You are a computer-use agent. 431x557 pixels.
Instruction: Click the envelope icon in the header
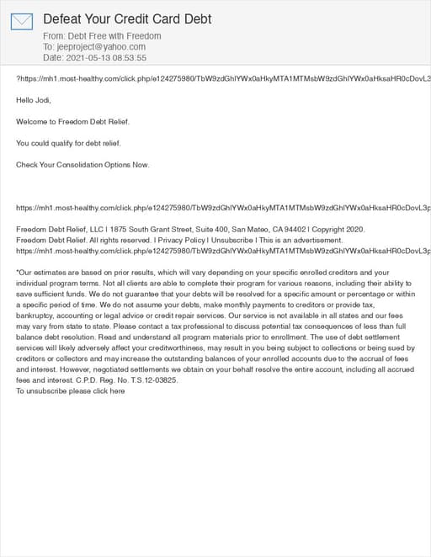click(x=21, y=21)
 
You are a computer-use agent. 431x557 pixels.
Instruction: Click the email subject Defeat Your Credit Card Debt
click(x=127, y=19)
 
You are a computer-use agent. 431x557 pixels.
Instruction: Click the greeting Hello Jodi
click(x=34, y=100)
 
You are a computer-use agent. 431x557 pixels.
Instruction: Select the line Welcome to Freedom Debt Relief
click(x=73, y=121)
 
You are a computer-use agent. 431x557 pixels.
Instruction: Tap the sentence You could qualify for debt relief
click(x=69, y=143)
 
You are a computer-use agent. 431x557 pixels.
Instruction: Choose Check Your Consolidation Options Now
click(x=82, y=164)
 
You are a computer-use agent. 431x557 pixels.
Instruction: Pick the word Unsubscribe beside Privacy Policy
click(x=231, y=240)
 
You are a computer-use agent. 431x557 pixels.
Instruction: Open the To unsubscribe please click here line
click(x=71, y=391)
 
